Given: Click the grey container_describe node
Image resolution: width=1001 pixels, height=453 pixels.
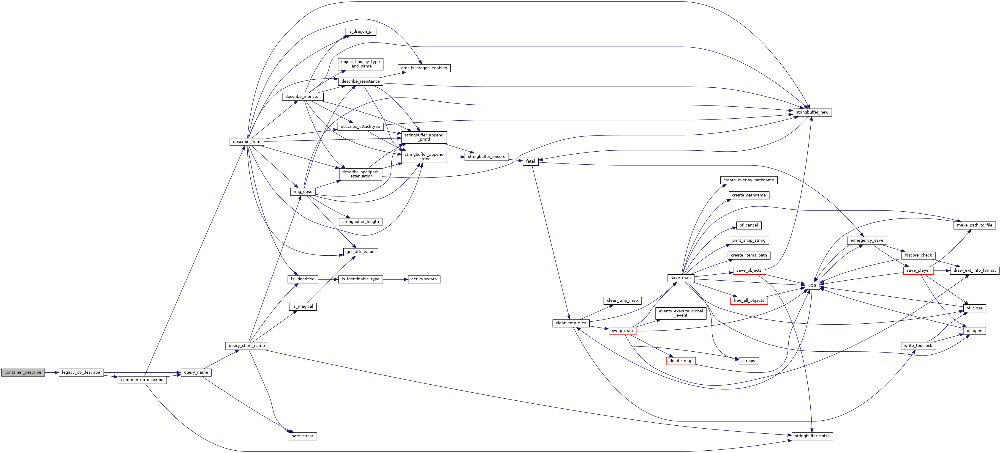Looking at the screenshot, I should pyautogui.click(x=23, y=372).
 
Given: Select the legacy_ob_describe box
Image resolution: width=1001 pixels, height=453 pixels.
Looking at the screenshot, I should pyautogui.click(x=81, y=372).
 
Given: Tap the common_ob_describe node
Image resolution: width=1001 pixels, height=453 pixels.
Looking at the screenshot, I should pyautogui.click(x=142, y=380).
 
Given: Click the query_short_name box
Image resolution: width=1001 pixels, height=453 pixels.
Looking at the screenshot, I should pyautogui.click(x=246, y=345).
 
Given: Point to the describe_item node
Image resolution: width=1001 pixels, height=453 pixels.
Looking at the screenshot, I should pyautogui.click(x=246, y=141).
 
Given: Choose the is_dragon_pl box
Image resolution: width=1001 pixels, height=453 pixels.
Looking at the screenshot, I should pyautogui.click(x=360, y=32).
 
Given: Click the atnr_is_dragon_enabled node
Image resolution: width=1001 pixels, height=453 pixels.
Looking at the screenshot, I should pyautogui.click(x=424, y=68).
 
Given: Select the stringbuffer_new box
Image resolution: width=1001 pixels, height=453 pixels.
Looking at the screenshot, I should pyautogui.click(x=812, y=112).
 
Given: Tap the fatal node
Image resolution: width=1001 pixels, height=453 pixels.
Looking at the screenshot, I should pyautogui.click(x=530, y=161).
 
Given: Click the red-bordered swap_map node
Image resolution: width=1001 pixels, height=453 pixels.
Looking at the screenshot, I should pyautogui.click(x=622, y=331).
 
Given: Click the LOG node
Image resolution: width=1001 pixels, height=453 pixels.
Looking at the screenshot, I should pyautogui.click(x=812, y=285).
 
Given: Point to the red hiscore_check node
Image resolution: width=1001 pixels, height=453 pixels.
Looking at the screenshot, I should pyautogui.click(x=918, y=255).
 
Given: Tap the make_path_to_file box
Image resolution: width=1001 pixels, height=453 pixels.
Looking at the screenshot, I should pyautogui.click(x=974, y=225).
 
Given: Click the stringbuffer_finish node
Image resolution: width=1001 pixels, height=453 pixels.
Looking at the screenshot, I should pyautogui.click(x=812, y=436).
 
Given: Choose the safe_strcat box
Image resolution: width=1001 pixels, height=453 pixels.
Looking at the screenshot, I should pyautogui.click(x=302, y=436).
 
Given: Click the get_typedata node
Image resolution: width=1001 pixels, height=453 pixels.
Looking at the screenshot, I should pyautogui.click(x=423, y=279).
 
